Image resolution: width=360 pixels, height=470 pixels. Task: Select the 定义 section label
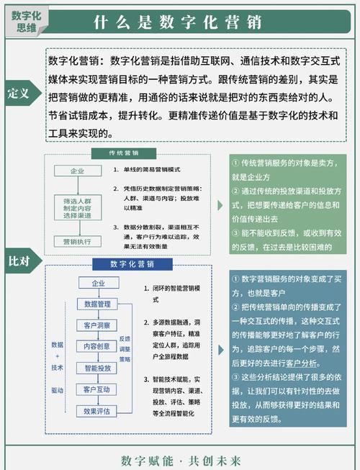pyautogui.click(x=19, y=94)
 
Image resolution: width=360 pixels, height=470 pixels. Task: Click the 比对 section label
pyautogui.click(x=19, y=261)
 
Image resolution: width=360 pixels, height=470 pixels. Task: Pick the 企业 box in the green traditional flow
pyautogui.click(x=77, y=171)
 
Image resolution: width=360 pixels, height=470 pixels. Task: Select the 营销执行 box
pyautogui.click(x=77, y=242)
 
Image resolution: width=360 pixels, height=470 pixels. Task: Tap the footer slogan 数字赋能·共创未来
pyautogui.click(x=180, y=460)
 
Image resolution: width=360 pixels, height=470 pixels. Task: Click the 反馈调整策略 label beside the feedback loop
pyautogui.click(x=125, y=348)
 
